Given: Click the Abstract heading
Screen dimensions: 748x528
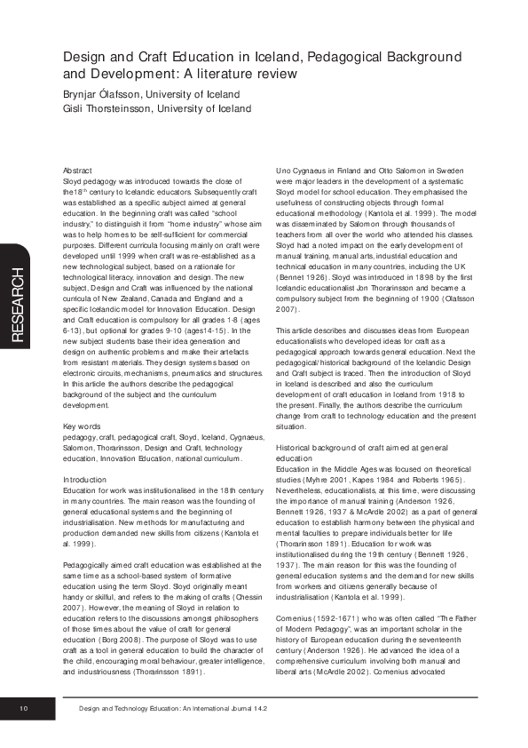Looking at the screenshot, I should coord(79,169).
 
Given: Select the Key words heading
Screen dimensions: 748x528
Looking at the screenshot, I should coord(83,427).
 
